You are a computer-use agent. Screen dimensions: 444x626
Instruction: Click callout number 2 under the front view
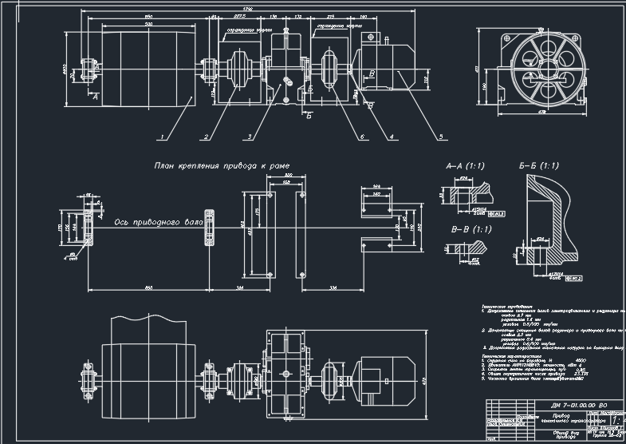(x=206, y=137)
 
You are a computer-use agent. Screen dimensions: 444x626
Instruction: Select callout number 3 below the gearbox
(x=250, y=137)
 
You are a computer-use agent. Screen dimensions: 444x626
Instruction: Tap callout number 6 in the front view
(x=361, y=137)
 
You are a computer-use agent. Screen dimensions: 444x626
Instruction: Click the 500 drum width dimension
(x=148, y=26)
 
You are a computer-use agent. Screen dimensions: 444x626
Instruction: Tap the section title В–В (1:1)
(x=466, y=230)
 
